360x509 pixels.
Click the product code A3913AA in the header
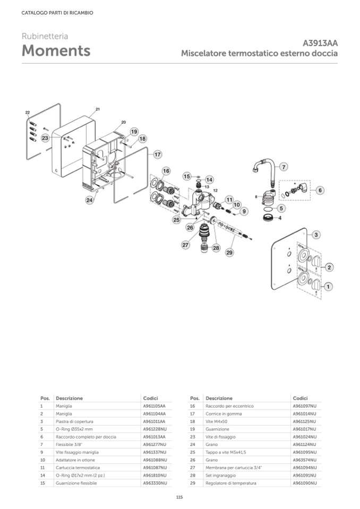[x=320, y=44]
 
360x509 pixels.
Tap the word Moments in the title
[x=56, y=51]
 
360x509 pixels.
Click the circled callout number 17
[x=157, y=154]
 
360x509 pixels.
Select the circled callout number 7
[x=284, y=167]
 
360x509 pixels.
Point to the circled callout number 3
[x=315, y=234]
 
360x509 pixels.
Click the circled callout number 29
[x=230, y=253]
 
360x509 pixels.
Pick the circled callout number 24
[x=90, y=200]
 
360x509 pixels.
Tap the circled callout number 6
[x=320, y=190]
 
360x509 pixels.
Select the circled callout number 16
[x=166, y=171]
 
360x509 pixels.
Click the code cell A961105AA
[x=154, y=406]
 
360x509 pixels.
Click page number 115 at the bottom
[x=179, y=497]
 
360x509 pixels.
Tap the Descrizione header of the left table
[x=69, y=398]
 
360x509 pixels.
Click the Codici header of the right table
[x=300, y=398]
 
